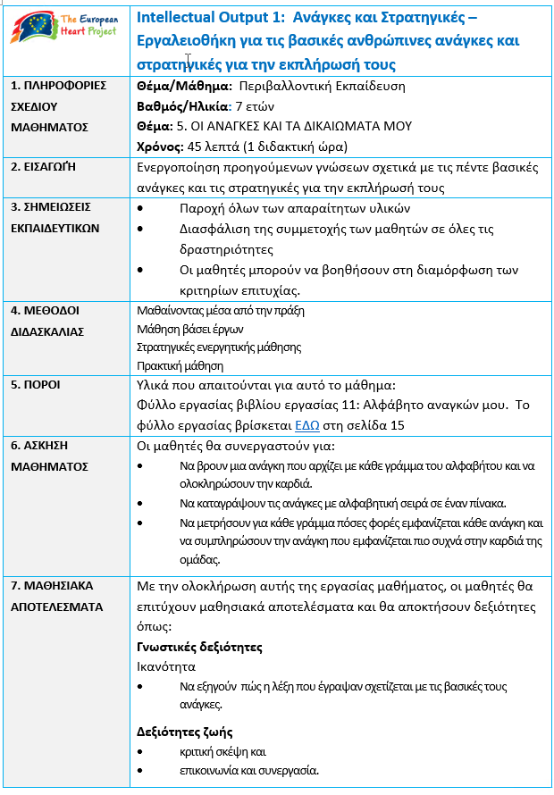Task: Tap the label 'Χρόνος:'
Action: tap(159, 146)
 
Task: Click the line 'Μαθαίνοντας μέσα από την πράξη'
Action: tap(221, 311)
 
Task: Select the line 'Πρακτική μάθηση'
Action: tap(180, 365)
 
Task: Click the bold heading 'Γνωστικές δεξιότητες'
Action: tap(198, 647)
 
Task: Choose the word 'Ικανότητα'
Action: tap(165, 666)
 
